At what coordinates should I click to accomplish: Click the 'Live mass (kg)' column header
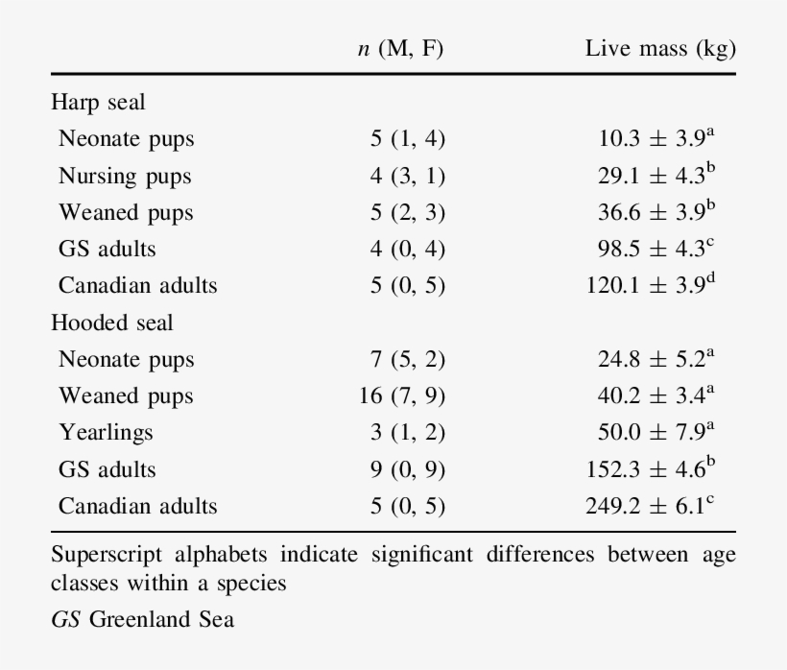click(660, 49)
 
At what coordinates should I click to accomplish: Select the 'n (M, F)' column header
click(400, 49)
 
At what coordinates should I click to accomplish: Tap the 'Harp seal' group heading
click(98, 102)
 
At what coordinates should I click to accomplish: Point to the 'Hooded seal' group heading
click(112, 323)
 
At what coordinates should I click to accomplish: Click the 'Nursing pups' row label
click(125, 176)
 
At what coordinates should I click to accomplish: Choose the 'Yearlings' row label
click(106, 433)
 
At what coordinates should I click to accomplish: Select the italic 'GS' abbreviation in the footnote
click(65, 619)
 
